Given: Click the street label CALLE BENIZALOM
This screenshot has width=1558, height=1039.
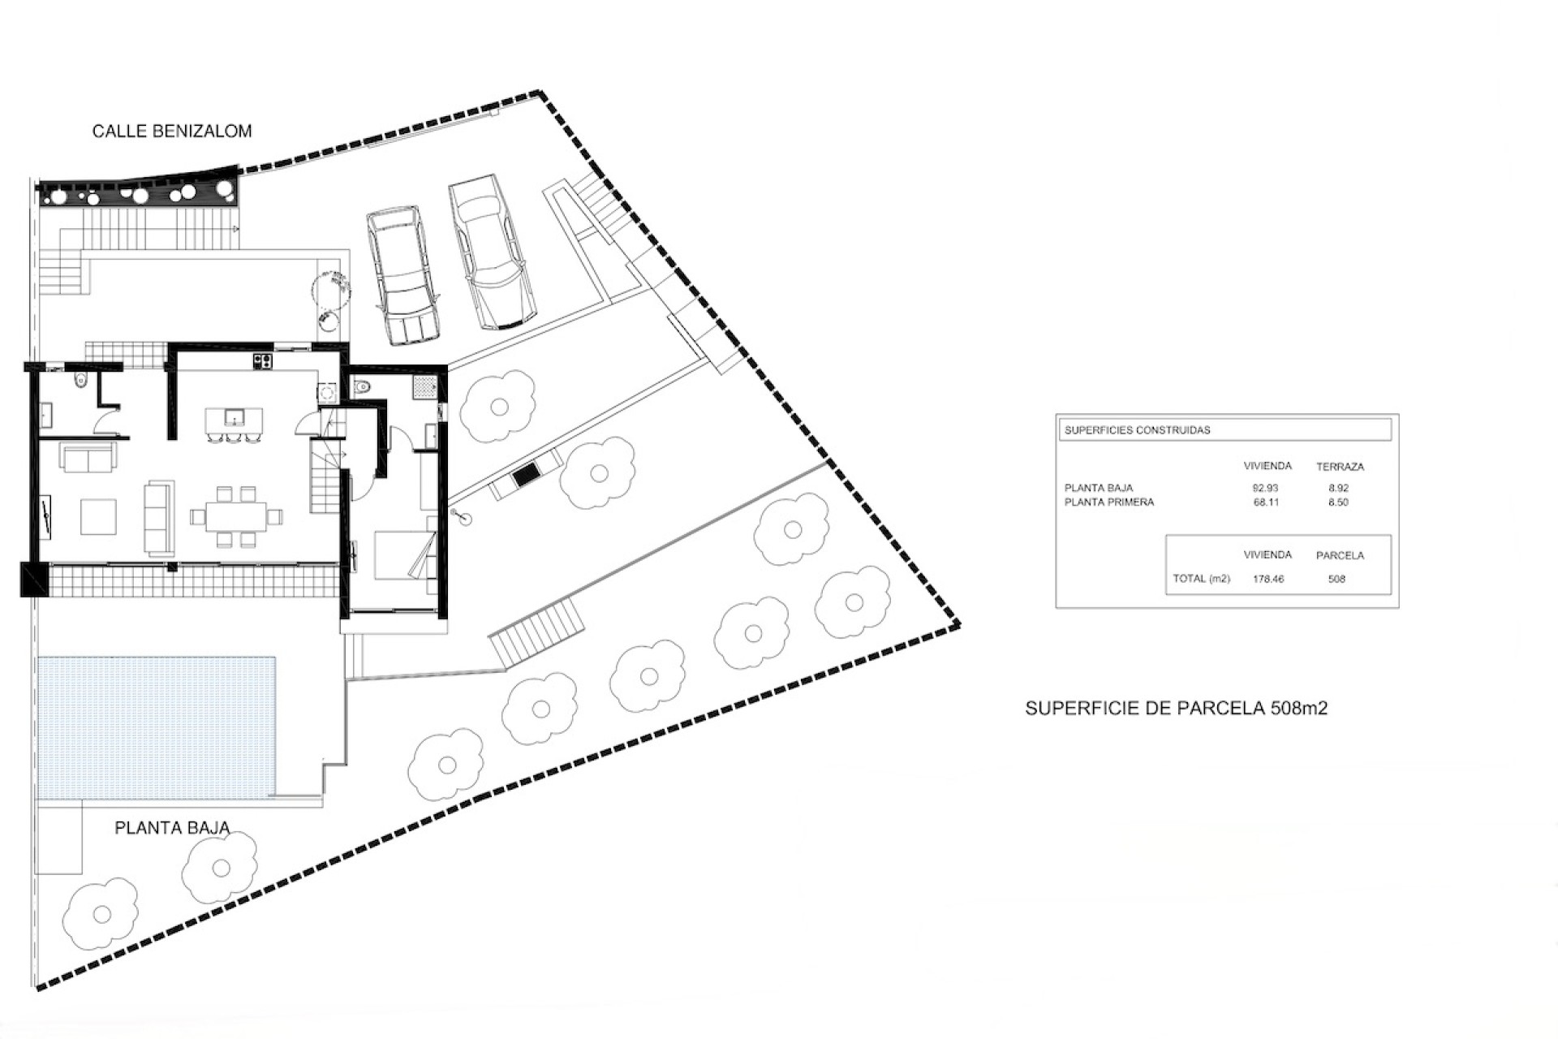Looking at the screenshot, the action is pyautogui.click(x=172, y=131).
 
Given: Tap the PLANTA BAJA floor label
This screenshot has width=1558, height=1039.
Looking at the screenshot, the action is pyautogui.click(x=172, y=828).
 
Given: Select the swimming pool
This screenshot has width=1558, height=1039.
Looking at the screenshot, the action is pyautogui.click(x=157, y=727).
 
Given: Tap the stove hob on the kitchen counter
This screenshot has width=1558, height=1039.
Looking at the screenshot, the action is pyautogui.click(x=262, y=360).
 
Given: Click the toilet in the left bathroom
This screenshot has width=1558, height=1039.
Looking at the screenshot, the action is pyautogui.click(x=78, y=382).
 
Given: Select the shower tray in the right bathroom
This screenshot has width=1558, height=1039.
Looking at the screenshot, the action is pyautogui.click(x=424, y=387).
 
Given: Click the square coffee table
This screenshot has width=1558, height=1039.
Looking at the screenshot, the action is pyautogui.click(x=98, y=516).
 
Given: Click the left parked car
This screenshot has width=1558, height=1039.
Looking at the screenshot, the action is pyautogui.click(x=403, y=275).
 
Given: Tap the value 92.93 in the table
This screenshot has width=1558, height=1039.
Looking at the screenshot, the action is pyautogui.click(x=1266, y=488).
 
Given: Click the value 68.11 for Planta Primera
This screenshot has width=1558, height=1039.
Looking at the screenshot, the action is pyautogui.click(x=1266, y=502).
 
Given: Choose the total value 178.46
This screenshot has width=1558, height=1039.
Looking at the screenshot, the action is pyautogui.click(x=1268, y=580).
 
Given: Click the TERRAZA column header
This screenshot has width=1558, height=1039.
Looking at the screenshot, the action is pyautogui.click(x=1340, y=467).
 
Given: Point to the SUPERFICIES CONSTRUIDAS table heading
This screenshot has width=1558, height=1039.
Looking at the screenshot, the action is pyautogui.click(x=1137, y=430).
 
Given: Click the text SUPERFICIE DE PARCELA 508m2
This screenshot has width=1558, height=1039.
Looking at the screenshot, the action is pyautogui.click(x=1177, y=708).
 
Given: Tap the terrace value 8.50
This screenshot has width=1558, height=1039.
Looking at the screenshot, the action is pyautogui.click(x=1338, y=502).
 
